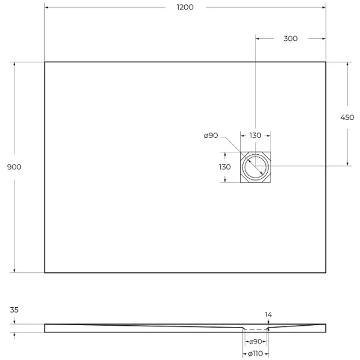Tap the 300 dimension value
(290, 38)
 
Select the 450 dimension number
(347, 118)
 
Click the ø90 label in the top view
(211, 136)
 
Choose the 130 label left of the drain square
(225, 167)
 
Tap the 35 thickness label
(14, 311)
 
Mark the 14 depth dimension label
(268, 314)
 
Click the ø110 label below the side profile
(256, 354)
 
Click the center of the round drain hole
(256, 167)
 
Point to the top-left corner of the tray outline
(45, 62)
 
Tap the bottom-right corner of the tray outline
(326, 273)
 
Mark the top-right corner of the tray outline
(326, 62)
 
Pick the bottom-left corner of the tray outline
(45, 273)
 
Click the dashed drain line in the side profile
(256, 329)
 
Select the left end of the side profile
(46, 328)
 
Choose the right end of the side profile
(325, 328)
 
